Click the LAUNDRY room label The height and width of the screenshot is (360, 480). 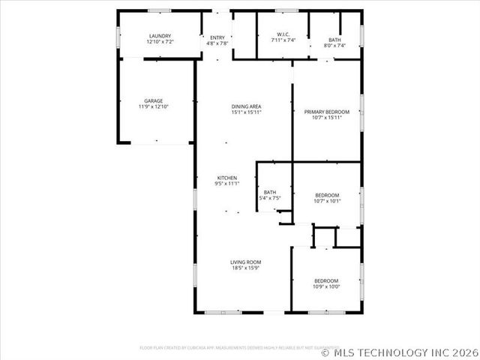click(160, 36)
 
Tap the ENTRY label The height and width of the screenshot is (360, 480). click(217, 37)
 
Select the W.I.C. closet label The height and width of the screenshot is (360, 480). click(283, 34)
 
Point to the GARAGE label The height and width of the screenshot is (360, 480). click(154, 101)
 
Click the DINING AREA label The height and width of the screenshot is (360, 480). click(245, 107)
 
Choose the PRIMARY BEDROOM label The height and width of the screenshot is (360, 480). click(327, 112)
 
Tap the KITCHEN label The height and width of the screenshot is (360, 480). click(227, 178)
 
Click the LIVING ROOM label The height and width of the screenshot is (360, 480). click(245, 262)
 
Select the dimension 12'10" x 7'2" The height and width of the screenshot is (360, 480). click(160, 42)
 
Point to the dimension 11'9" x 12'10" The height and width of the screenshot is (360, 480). click(154, 107)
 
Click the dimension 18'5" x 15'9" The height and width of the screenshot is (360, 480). click(245, 268)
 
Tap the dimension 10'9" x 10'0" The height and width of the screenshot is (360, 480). click(326, 286)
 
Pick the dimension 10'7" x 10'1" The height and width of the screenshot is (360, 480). click(327, 201)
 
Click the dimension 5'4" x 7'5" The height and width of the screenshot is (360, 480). click(269, 199)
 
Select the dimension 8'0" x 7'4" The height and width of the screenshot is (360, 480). click(334, 46)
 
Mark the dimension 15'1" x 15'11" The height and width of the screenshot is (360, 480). click(245, 113)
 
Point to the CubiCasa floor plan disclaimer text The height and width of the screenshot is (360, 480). click(229, 347)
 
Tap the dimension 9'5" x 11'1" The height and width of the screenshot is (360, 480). click(227, 184)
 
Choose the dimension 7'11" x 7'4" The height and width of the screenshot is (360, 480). click(283, 40)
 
